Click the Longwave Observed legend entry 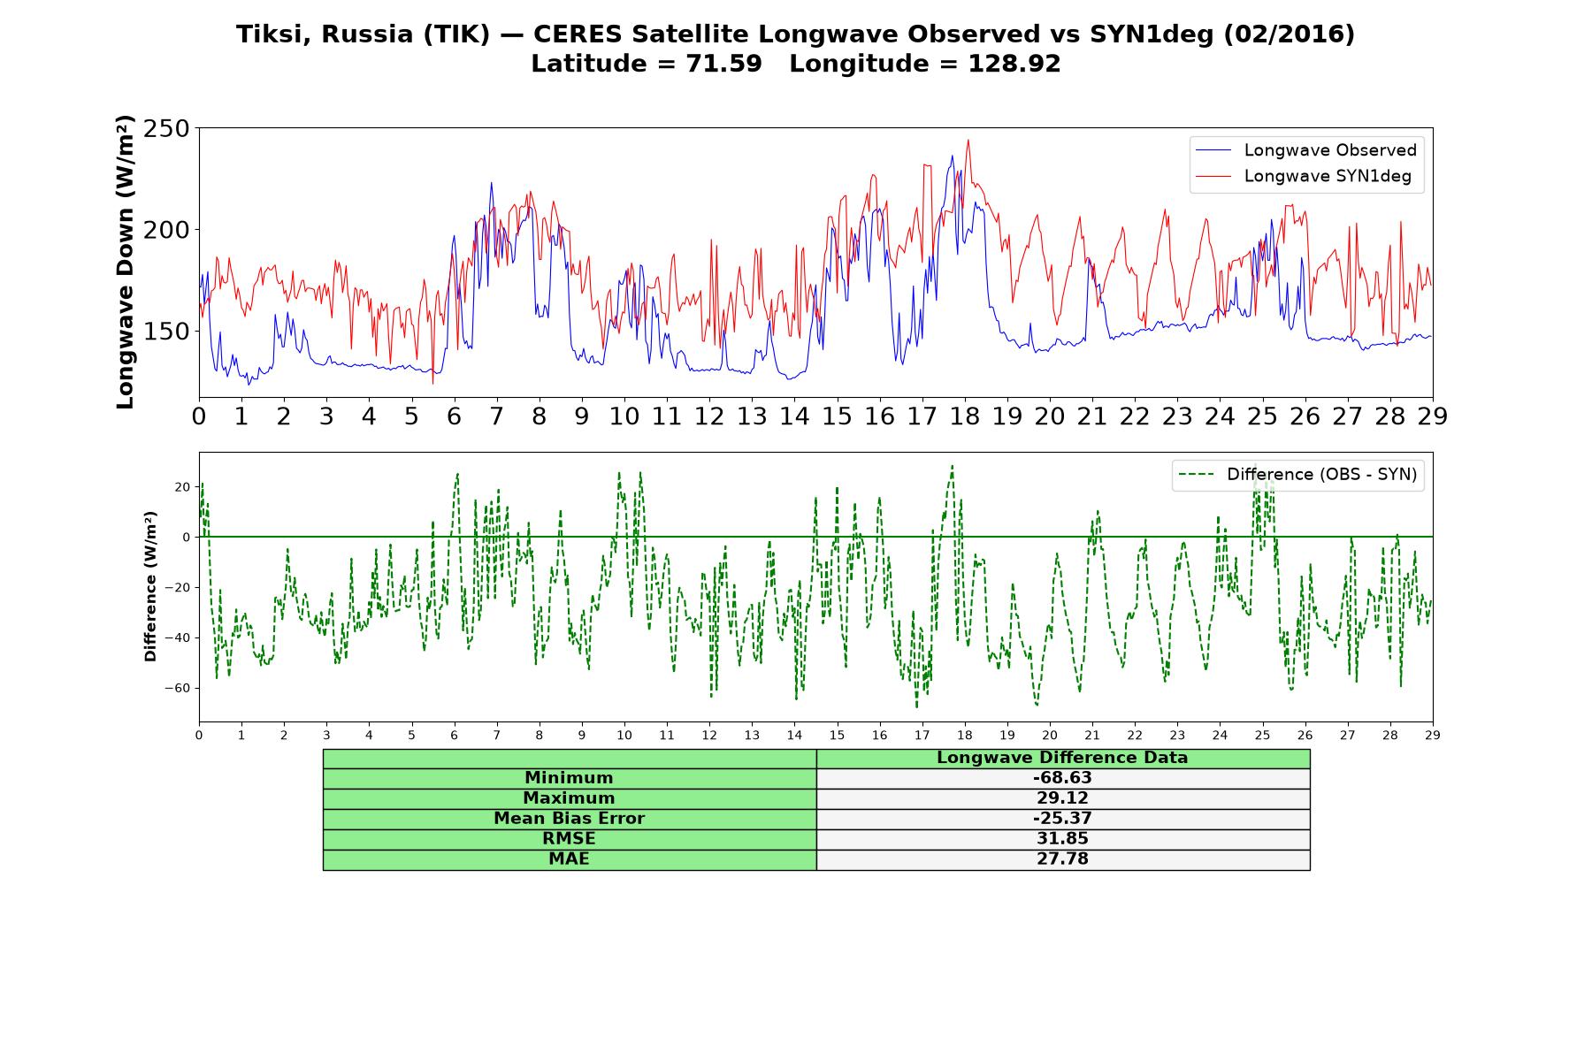(x=1305, y=150)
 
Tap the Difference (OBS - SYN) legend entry (x=1297, y=475)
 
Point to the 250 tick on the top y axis (x=166, y=129)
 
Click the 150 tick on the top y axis (x=166, y=332)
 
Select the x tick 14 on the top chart (x=794, y=416)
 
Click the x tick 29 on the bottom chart (x=1433, y=735)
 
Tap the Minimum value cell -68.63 (x=1062, y=778)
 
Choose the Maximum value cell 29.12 (x=1062, y=798)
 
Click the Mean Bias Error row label (x=569, y=819)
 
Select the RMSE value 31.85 (x=1062, y=839)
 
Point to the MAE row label (x=569, y=859)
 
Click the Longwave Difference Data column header (x=1062, y=758)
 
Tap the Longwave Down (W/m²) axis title (x=125, y=262)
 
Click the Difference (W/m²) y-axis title (x=150, y=586)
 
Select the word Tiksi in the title (x=273, y=34)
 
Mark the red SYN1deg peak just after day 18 (x=968, y=140)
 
